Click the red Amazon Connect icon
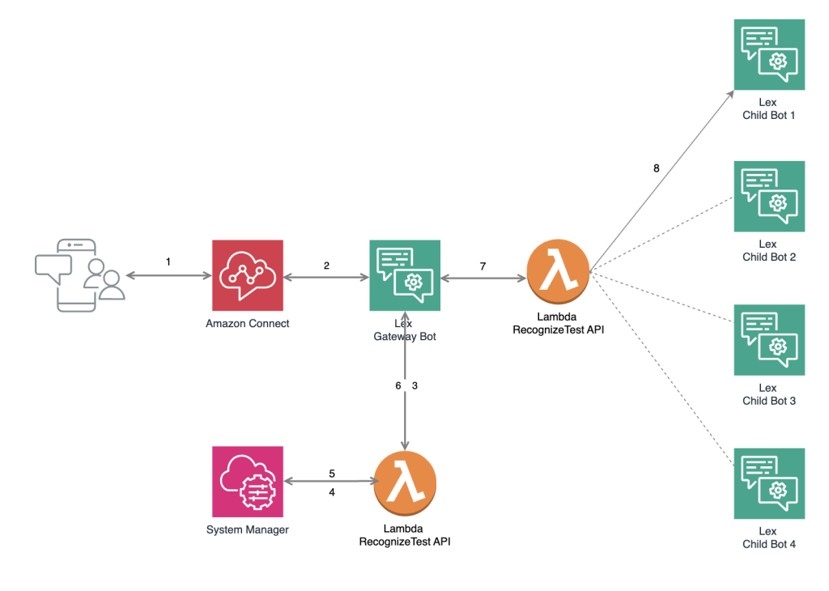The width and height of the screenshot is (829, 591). pyautogui.click(x=248, y=275)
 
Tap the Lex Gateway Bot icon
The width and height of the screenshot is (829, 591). pyautogui.click(x=405, y=275)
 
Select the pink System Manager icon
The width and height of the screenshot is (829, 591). pyautogui.click(x=248, y=482)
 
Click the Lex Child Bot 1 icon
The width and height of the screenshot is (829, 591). pyautogui.click(x=769, y=55)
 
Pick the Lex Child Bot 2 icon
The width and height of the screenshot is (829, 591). pyautogui.click(x=769, y=196)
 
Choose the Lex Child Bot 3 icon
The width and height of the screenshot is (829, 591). pyautogui.click(x=769, y=340)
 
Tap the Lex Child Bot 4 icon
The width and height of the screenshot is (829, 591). pyautogui.click(x=769, y=483)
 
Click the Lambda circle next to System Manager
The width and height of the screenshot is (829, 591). pyautogui.click(x=405, y=483)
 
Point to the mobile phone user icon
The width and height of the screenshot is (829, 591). pyautogui.click(x=80, y=275)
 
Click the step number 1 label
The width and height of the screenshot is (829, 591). pyautogui.click(x=168, y=262)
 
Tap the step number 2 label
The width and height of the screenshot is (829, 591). pyautogui.click(x=326, y=266)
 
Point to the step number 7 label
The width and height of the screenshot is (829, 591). pyautogui.click(x=483, y=266)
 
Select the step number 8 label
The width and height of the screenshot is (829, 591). pyautogui.click(x=657, y=168)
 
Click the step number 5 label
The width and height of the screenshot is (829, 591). pyautogui.click(x=332, y=474)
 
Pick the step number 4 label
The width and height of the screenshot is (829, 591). pyautogui.click(x=332, y=491)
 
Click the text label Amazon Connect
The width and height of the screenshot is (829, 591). pyautogui.click(x=248, y=324)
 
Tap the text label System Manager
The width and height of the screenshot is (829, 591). pyautogui.click(x=248, y=530)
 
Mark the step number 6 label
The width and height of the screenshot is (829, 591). pyautogui.click(x=397, y=385)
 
